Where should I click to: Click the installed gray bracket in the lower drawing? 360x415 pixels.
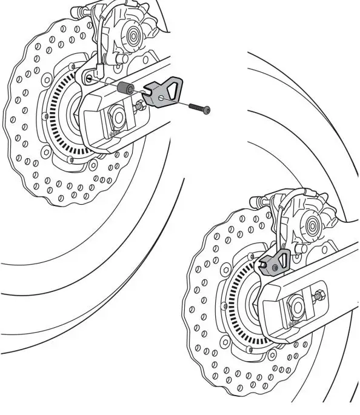click(272, 262)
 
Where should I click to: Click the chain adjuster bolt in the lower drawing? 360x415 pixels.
click(319, 296)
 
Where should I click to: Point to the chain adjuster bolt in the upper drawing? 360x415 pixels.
click(140, 105)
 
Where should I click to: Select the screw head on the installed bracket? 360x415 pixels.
click(276, 265)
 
